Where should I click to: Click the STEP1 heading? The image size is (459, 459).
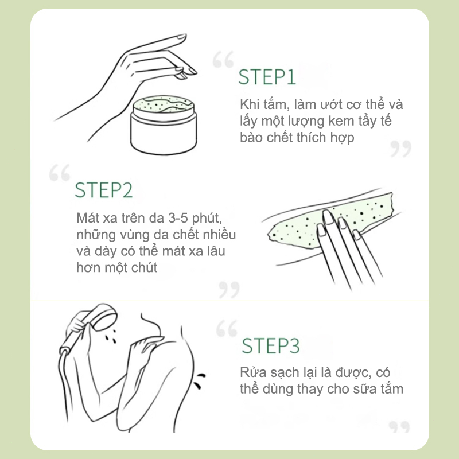pos(267,77)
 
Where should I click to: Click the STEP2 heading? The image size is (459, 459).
pos(104,190)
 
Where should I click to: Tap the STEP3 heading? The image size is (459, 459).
pos(271,346)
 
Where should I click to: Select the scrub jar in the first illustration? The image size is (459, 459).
pos(164,125)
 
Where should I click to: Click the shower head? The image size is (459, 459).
pos(104,317)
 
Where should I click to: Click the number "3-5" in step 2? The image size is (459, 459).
pos(178,218)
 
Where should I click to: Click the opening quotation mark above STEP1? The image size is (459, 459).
pos(223,60)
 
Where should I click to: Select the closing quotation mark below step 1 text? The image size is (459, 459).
pos(400,149)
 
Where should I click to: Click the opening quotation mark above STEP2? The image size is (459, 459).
pos(60,173)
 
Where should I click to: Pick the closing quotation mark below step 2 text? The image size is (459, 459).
pos(229,290)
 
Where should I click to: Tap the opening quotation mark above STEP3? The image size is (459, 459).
pos(227,328)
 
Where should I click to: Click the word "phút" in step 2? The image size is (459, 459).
pos(207,219)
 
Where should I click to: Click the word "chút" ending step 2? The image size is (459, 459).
pos(144,267)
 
